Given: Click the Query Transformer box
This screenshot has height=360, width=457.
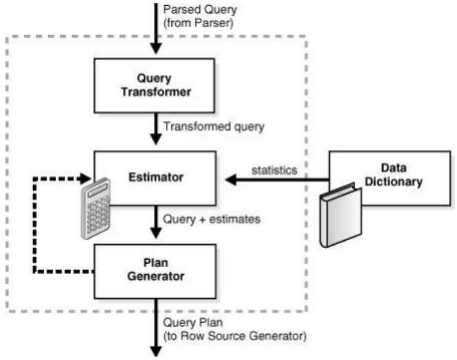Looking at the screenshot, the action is [155, 85].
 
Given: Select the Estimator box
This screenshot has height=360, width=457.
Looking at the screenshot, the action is [155, 178].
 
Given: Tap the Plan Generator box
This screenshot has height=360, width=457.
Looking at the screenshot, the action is [155, 271].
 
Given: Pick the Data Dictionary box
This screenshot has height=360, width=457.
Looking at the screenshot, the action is [390, 178].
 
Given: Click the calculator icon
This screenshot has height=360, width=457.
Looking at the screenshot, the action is [96, 208].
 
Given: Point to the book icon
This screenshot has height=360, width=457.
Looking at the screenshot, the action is [340, 216].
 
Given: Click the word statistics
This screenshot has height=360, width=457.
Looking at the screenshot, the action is [274, 170].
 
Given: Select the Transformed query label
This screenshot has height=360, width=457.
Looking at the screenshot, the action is [214, 127].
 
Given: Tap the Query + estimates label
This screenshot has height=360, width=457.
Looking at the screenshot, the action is [211, 220].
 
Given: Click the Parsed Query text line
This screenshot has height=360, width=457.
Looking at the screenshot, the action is [200, 10].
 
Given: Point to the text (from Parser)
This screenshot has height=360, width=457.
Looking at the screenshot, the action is [198, 23].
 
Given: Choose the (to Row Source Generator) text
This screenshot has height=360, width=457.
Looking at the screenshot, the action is [235, 336].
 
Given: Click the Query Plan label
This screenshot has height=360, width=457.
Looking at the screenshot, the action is [193, 323].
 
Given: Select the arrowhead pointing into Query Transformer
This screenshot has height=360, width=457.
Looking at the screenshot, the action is [156, 49].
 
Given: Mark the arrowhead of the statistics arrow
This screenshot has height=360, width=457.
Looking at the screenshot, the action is [231, 179].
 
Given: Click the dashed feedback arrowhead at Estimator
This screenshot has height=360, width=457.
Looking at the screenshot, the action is [86, 178].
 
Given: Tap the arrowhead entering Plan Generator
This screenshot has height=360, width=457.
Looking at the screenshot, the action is [156, 233].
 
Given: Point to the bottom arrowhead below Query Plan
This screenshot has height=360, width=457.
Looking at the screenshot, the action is [156, 351].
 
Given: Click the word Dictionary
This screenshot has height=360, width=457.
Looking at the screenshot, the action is [393, 182].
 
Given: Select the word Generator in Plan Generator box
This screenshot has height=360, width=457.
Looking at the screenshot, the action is [156, 276].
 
